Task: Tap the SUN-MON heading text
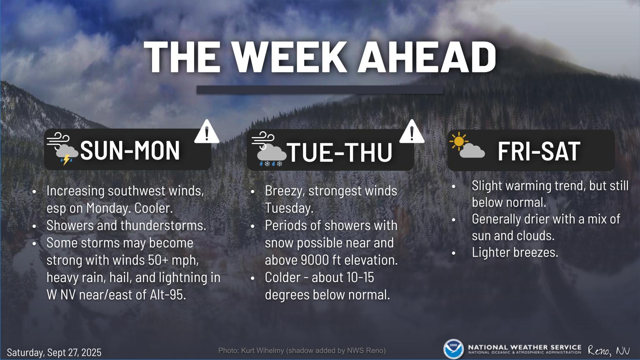(x=130, y=150)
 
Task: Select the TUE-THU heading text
(x=340, y=152)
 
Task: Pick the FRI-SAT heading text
(x=539, y=151)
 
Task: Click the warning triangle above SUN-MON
(x=207, y=132)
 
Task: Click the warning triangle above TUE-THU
(x=412, y=132)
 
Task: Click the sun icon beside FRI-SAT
(x=459, y=141)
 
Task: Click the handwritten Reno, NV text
(x=609, y=350)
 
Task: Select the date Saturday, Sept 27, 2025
(x=54, y=352)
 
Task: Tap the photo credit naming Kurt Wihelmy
(x=302, y=350)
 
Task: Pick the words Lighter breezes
(x=515, y=252)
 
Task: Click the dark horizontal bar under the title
(x=320, y=90)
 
